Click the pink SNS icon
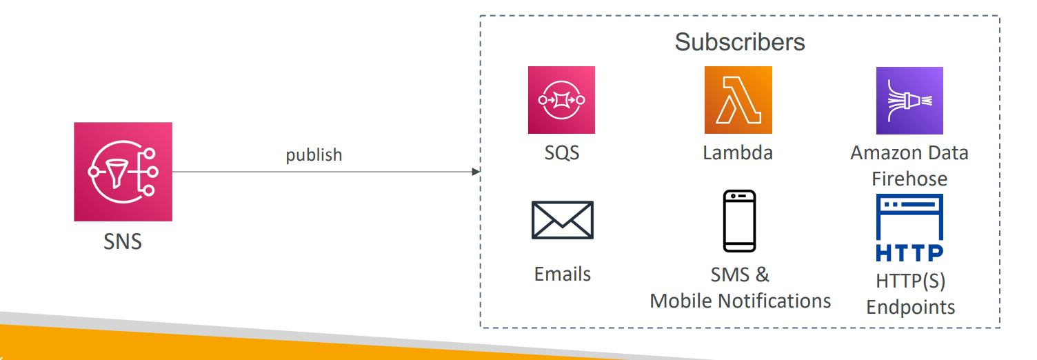pyautogui.click(x=123, y=172)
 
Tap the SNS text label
pyautogui.click(x=123, y=242)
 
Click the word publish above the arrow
pyautogui.click(x=314, y=155)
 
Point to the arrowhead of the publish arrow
pyautogui.click(x=476, y=172)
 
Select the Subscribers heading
pyautogui.click(x=739, y=42)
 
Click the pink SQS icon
pyautogui.click(x=561, y=100)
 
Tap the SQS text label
pyautogui.click(x=561, y=152)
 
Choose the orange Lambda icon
pyautogui.click(x=738, y=100)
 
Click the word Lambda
pyautogui.click(x=738, y=152)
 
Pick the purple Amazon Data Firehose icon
pyautogui.click(x=909, y=100)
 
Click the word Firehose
pyautogui.click(x=909, y=179)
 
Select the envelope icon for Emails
pyautogui.click(x=562, y=220)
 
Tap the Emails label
pyautogui.click(x=562, y=274)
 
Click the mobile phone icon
pyautogui.click(x=739, y=221)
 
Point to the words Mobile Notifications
pyautogui.click(x=740, y=301)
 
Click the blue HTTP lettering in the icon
pyautogui.click(x=909, y=253)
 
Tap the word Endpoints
pyautogui.click(x=910, y=307)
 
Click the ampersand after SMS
pyautogui.click(x=762, y=274)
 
